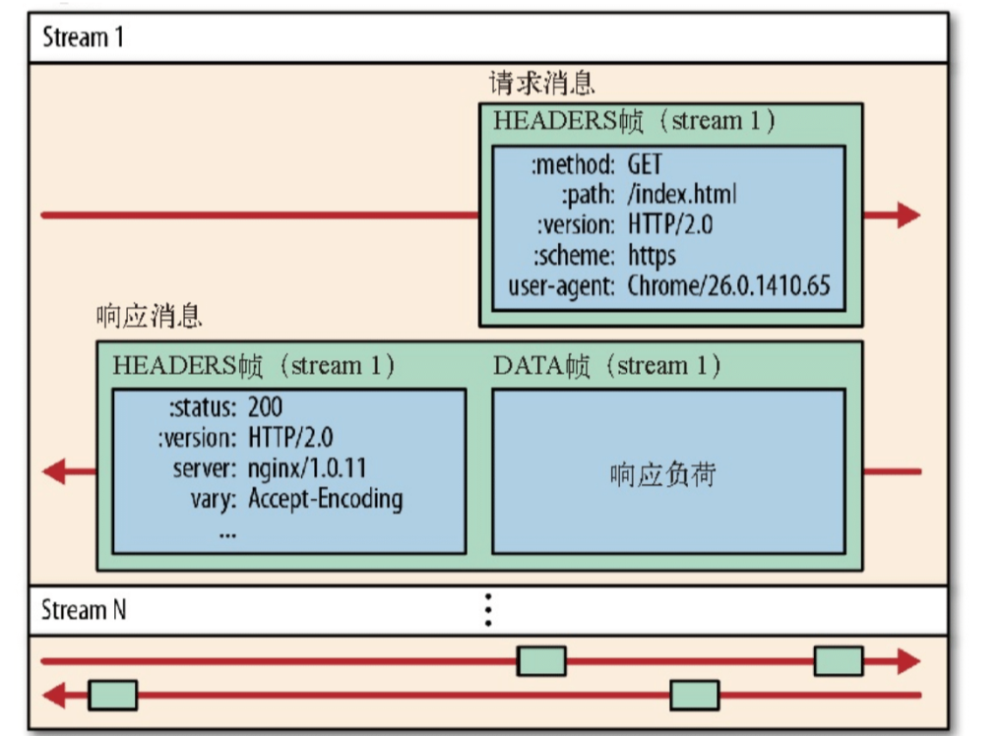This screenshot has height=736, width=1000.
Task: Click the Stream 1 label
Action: coord(83,39)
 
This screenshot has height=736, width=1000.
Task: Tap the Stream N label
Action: coord(83,610)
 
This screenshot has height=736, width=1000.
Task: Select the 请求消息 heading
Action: coord(541,82)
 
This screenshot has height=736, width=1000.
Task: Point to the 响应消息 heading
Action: coord(150,317)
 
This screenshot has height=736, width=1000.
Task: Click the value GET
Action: coord(645,163)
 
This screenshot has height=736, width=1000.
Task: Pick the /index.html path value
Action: coord(681,194)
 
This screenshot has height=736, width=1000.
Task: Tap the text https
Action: coord(652,256)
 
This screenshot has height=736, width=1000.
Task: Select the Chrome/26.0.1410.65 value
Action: coord(728,286)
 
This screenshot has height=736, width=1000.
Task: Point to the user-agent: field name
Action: coord(562,286)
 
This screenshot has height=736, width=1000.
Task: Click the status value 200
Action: coord(266,406)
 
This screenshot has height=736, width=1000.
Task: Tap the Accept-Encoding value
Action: coord(325,499)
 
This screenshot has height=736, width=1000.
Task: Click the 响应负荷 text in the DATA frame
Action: coord(662,475)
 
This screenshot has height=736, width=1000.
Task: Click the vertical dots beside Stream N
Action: coord(487,610)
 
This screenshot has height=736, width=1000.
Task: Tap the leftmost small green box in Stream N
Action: coord(112,696)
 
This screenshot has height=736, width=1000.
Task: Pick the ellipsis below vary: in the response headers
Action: coord(227,531)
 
